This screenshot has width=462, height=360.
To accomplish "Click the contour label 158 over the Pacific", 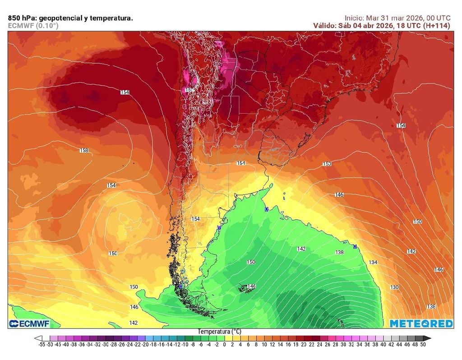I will pyautogui.click(x=84, y=150).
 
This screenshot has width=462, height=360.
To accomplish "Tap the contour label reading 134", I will pyautogui.click(x=373, y=262).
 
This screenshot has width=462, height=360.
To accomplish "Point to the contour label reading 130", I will pyautogui.click(x=394, y=287).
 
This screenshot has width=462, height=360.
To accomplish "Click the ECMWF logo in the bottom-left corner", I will pyautogui.click(x=28, y=323).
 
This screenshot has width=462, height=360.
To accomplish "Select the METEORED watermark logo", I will pyautogui.click(x=421, y=323).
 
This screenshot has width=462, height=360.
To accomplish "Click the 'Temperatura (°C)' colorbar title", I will pyautogui.click(x=218, y=332).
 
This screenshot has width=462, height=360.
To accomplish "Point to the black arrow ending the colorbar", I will pyautogui.click(x=428, y=338).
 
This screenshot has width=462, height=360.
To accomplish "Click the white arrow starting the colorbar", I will pyautogui.click(x=38, y=338).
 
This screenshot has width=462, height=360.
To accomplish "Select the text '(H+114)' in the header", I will pyautogui.click(x=436, y=26).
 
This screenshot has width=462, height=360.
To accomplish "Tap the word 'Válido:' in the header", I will pyautogui.click(x=324, y=26).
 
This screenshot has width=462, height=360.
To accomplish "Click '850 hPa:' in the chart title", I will pyautogui.click(x=23, y=18).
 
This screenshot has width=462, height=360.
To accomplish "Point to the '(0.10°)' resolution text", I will pyautogui.click(x=47, y=26).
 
